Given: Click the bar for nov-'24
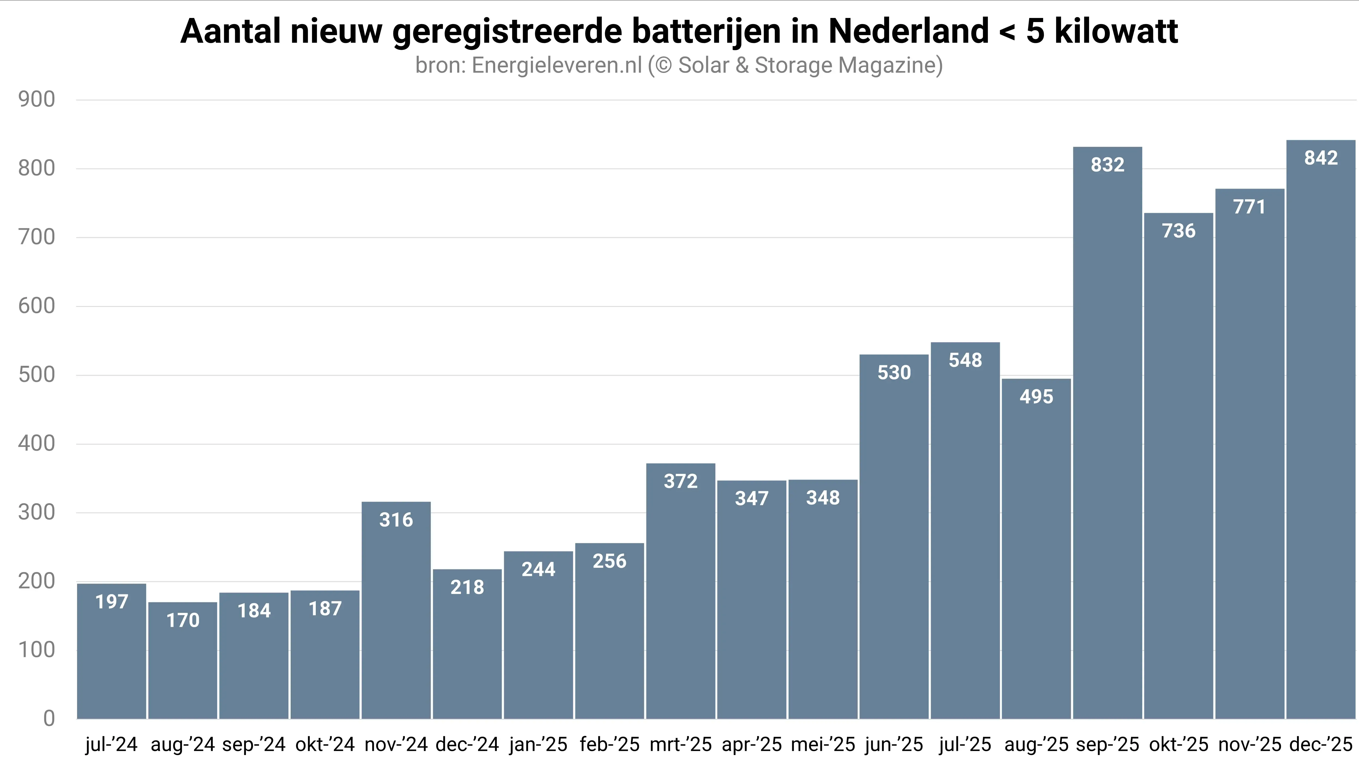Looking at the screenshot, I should pyautogui.click(x=396, y=610).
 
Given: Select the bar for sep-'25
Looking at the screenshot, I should pyautogui.click(x=1107, y=433).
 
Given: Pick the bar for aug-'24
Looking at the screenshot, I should pyautogui.click(x=183, y=661).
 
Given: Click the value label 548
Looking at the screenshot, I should pyautogui.click(x=965, y=360).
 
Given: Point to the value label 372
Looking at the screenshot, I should pyautogui.click(x=680, y=481).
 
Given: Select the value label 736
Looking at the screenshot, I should pyautogui.click(x=1179, y=231).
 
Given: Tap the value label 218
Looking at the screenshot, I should pyautogui.click(x=467, y=587).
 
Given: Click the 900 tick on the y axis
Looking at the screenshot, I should pyautogui.click(x=36, y=100).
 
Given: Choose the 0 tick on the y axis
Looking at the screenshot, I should pyautogui.click(x=48, y=719).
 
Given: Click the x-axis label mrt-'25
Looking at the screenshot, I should pyautogui.click(x=680, y=744).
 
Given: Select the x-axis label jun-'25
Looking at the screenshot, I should pyautogui.click(x=894, y=744).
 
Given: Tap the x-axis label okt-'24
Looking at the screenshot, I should pyautogui.click(x=325, y=744).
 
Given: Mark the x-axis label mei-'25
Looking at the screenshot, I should pyautogui.click(x=823, y=744).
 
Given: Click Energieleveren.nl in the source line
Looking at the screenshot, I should pyautogui.click(x=557, y=65).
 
